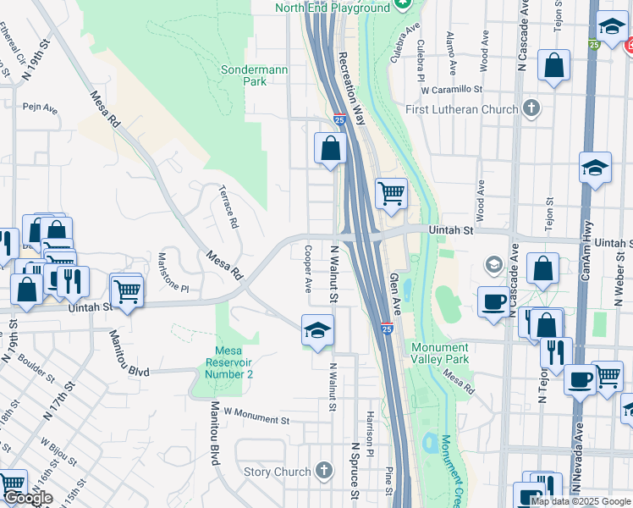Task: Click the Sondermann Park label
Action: (244, 75)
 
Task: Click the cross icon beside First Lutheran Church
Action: (531, 108)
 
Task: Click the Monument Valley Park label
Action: (439, 353)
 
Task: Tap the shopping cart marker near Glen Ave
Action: (391, 194)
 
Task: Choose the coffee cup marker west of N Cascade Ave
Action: (493, 302)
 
